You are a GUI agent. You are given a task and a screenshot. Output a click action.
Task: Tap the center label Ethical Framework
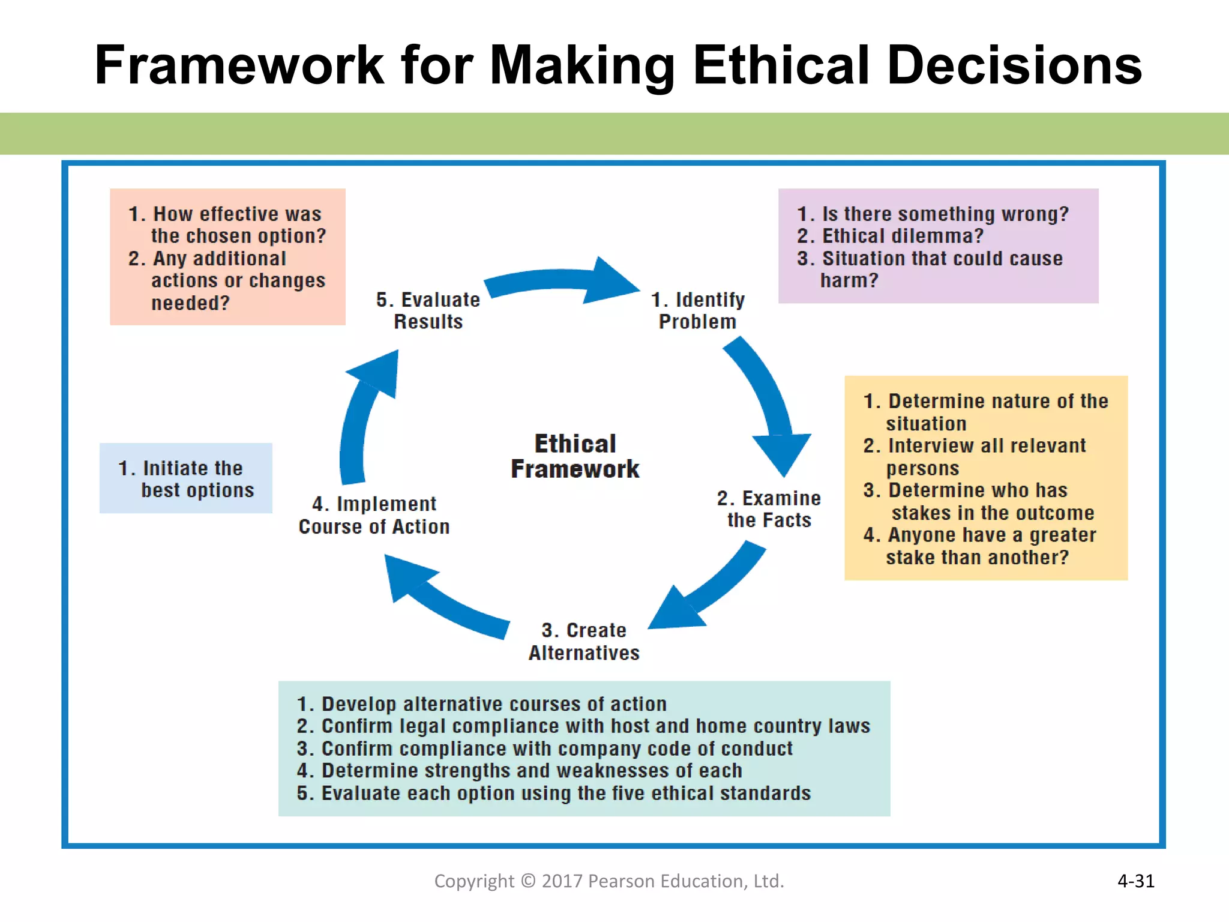(x=575, y=456)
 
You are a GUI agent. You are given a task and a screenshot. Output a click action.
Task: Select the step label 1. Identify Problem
(x=697, y=310)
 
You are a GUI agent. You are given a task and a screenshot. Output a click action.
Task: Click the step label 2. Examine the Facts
(x=768, y=509)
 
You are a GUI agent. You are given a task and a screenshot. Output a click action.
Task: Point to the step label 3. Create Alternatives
(x=584, y=641)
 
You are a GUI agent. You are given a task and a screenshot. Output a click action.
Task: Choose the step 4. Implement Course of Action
(x=374, y=515)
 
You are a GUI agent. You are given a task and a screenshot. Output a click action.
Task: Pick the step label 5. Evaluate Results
(x=428, y=310)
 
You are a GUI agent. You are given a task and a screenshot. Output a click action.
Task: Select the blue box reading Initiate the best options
(x=186, y=478)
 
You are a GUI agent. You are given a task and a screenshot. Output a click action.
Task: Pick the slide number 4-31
(x=1135, y=881)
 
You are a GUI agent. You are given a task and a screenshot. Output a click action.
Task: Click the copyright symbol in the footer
(x=528, y=881)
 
